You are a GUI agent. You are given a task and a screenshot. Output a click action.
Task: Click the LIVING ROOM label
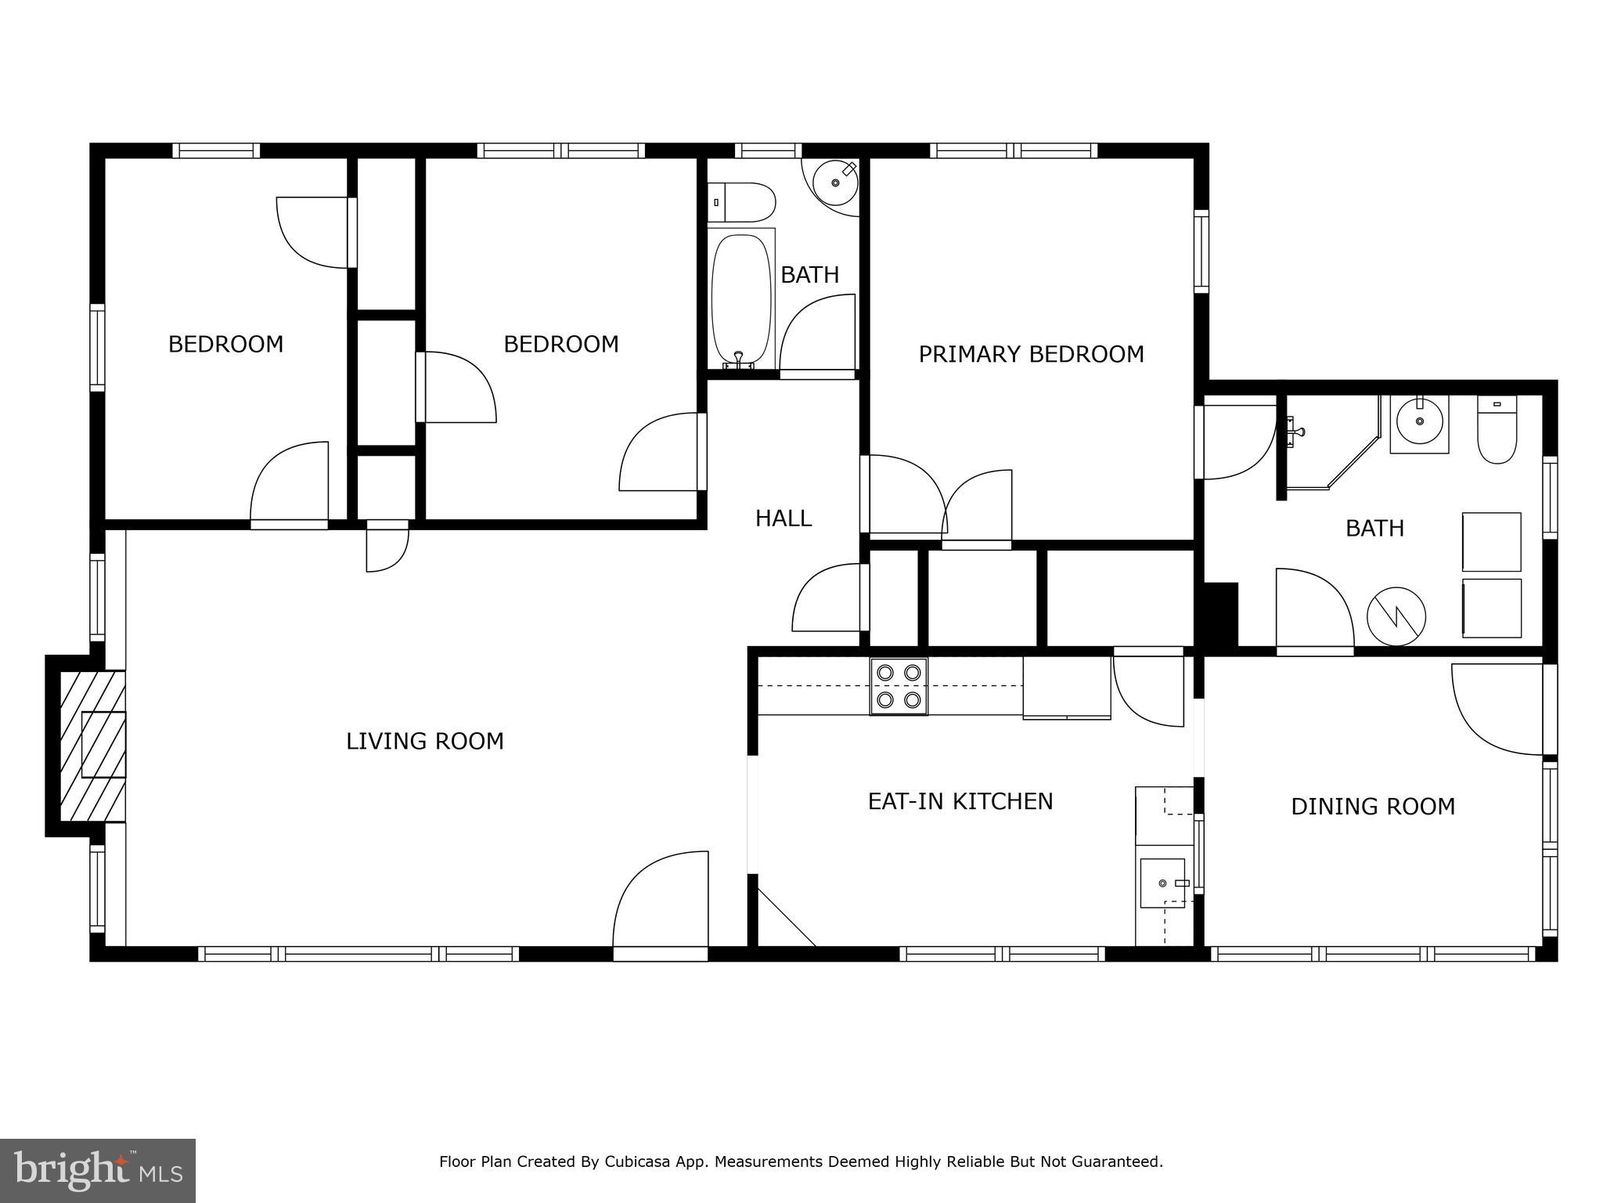[425, 741]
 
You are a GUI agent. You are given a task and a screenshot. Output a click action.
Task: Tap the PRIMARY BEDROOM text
[1031, 354]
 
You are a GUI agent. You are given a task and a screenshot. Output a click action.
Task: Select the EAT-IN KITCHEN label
[960, 801]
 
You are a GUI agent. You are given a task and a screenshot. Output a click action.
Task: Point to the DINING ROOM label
[1373, 806]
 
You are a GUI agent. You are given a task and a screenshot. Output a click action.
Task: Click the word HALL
[783, 518]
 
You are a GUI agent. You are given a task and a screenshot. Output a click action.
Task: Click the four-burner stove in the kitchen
[899, 686]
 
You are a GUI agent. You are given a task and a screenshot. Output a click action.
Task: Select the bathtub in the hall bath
[740, 299]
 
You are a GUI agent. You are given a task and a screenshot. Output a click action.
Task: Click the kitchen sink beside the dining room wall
[1163, 883]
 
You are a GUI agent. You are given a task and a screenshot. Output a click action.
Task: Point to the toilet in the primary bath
[1497, 430]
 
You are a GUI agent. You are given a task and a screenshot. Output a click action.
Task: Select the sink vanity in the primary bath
[1419, 423]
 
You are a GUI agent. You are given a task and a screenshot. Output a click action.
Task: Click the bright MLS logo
[97, 1170]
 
